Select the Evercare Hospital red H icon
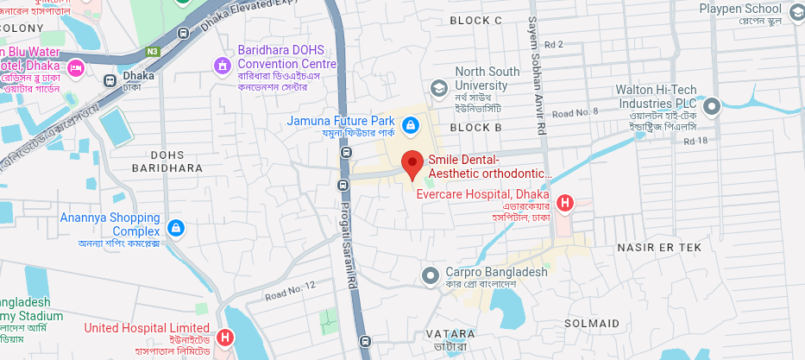point(565,204)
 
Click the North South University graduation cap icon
point(439,87)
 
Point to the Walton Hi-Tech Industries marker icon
point(712,106)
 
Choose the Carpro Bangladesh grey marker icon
point(431,276)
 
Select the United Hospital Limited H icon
point(224,338)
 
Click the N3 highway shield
point(152,51)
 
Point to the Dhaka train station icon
point(110,79)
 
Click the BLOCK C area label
point(476,20)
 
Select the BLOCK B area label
point(476,127)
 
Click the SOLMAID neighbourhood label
point(591,323)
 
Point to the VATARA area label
point(450,333)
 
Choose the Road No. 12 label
point(291,290)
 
